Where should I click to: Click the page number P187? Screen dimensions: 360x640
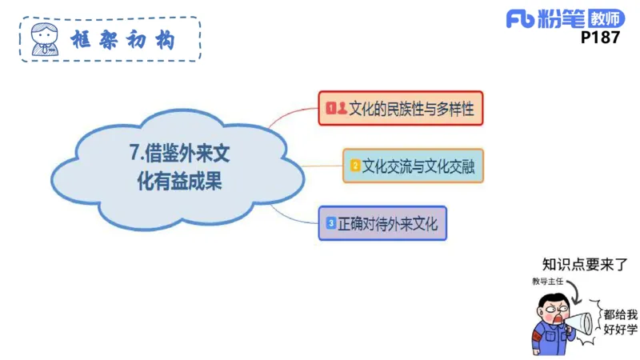coord(600,37)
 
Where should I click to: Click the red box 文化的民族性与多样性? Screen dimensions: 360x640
coord(401,107)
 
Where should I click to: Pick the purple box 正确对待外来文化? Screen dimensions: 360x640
coord(382,223)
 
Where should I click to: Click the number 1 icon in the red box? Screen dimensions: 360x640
coord(330,107)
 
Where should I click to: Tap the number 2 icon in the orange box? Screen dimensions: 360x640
coord(354,166)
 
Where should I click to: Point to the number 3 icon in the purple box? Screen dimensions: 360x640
coord(330,223)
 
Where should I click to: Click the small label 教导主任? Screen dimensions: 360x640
coord(548,282)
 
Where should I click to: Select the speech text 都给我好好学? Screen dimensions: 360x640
coord(620,322)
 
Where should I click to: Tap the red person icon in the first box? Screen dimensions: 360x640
coord(342,107)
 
